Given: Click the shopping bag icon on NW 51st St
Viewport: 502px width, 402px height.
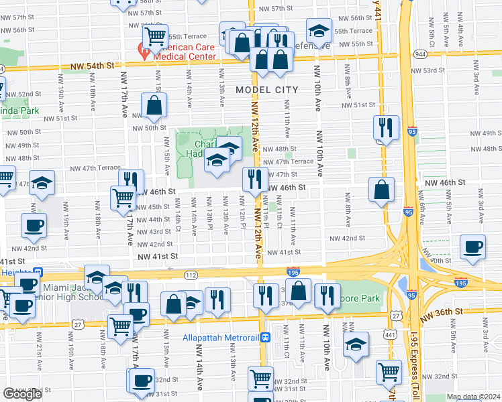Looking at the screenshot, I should (154, 105).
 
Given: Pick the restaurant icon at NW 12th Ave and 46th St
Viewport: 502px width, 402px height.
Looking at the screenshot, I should (254, 179).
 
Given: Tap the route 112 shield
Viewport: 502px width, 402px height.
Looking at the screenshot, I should (191, 275).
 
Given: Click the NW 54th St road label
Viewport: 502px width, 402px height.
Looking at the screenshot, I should (93, 66).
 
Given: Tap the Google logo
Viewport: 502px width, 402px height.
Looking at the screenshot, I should (23, 395).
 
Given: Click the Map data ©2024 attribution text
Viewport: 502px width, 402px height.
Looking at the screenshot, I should (472, 397).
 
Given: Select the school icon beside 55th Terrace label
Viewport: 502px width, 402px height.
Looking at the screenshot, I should (319, 30).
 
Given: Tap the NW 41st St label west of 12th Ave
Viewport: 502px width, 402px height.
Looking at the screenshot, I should (158, 256).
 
